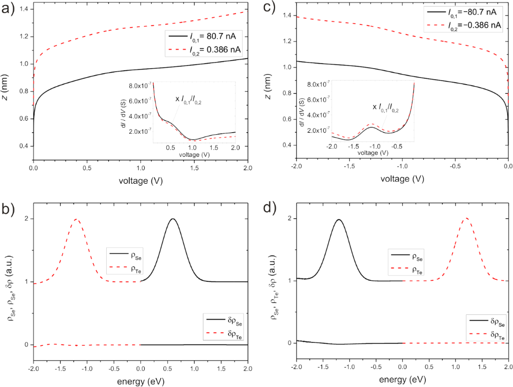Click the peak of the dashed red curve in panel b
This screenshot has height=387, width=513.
coord(76,219)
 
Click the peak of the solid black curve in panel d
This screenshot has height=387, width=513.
coord(339,219)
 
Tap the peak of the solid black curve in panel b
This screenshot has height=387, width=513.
coord(173,219)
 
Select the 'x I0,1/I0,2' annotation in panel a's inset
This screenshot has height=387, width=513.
coord(191,99)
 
